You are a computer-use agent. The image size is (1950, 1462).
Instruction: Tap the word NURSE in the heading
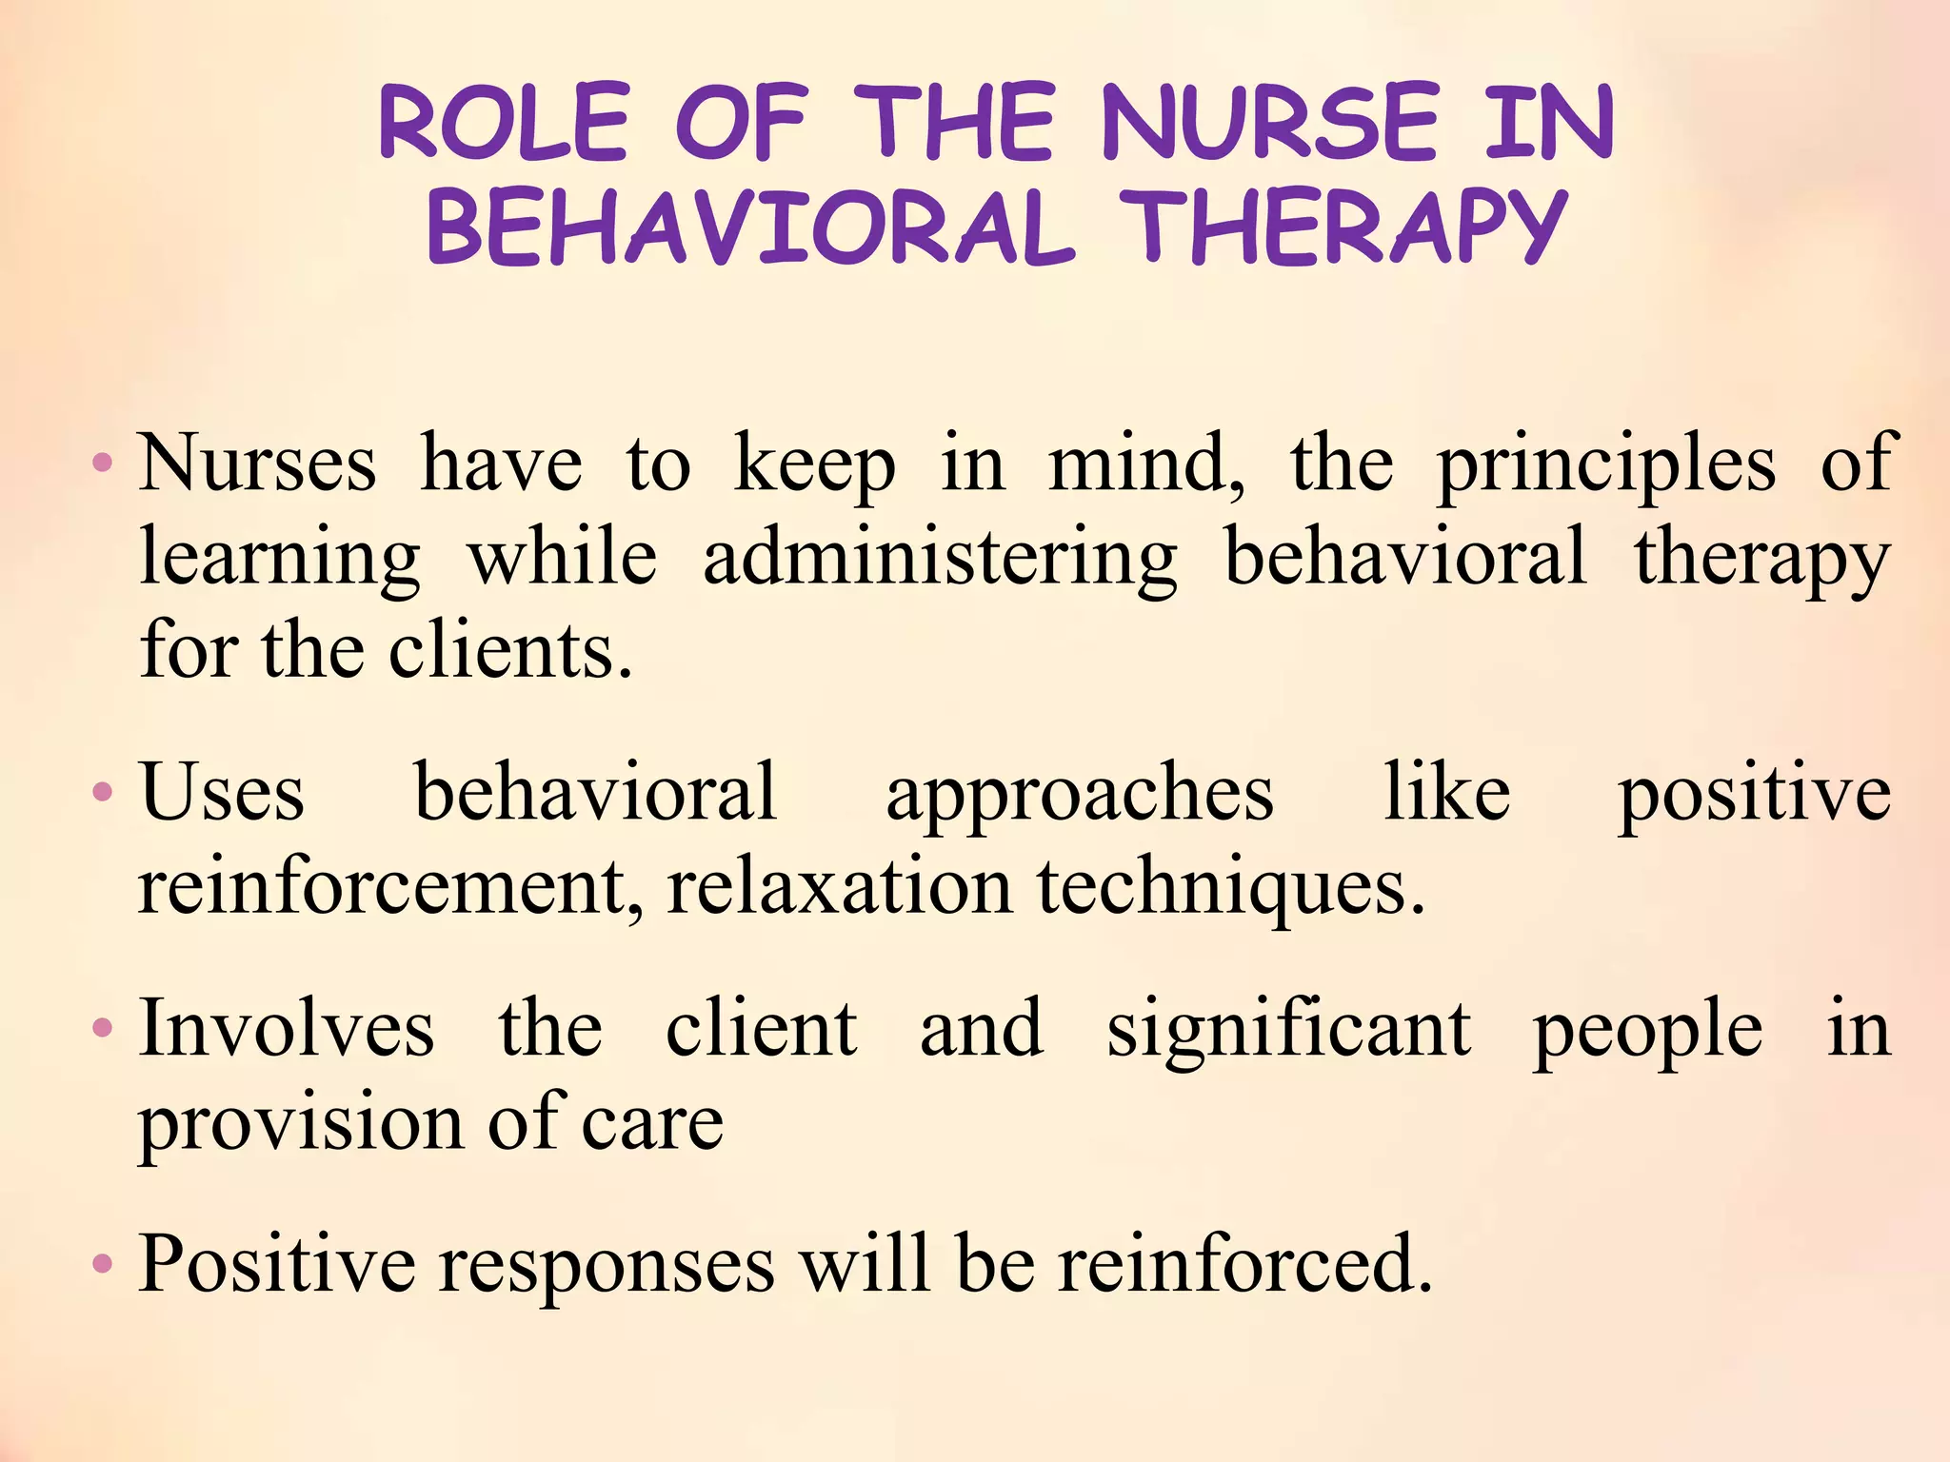(x=1270, y=123)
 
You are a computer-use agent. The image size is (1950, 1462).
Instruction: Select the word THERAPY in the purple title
(x=1343, y=228)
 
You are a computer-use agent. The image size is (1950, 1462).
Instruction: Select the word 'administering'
(x=940, y=560)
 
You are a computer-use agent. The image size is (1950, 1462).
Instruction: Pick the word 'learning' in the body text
(x=279, y=560)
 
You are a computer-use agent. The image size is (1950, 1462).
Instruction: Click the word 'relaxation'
(x=839, y=887)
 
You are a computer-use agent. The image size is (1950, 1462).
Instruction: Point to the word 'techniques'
(x=1230, y=887)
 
